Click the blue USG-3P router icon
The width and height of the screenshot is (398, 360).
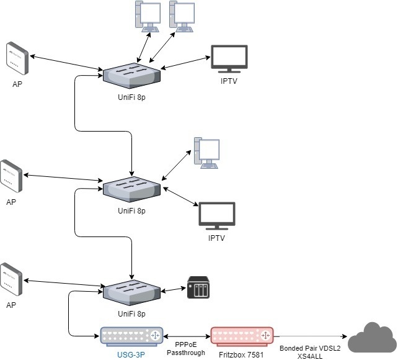(132, 336)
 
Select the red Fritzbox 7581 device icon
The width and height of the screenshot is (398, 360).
(242, 336)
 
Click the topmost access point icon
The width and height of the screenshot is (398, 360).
(17, 58)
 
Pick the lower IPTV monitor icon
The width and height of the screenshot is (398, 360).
(216, 217)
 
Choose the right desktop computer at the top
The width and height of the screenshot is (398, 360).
(183, 17)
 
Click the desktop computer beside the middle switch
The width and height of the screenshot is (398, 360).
(206, 153)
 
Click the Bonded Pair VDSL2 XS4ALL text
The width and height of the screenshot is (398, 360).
(310, 352)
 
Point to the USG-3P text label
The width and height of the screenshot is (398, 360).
(132, 354)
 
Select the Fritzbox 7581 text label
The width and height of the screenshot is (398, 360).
(242, 354)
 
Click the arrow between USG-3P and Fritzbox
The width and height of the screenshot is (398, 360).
(187, 335)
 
